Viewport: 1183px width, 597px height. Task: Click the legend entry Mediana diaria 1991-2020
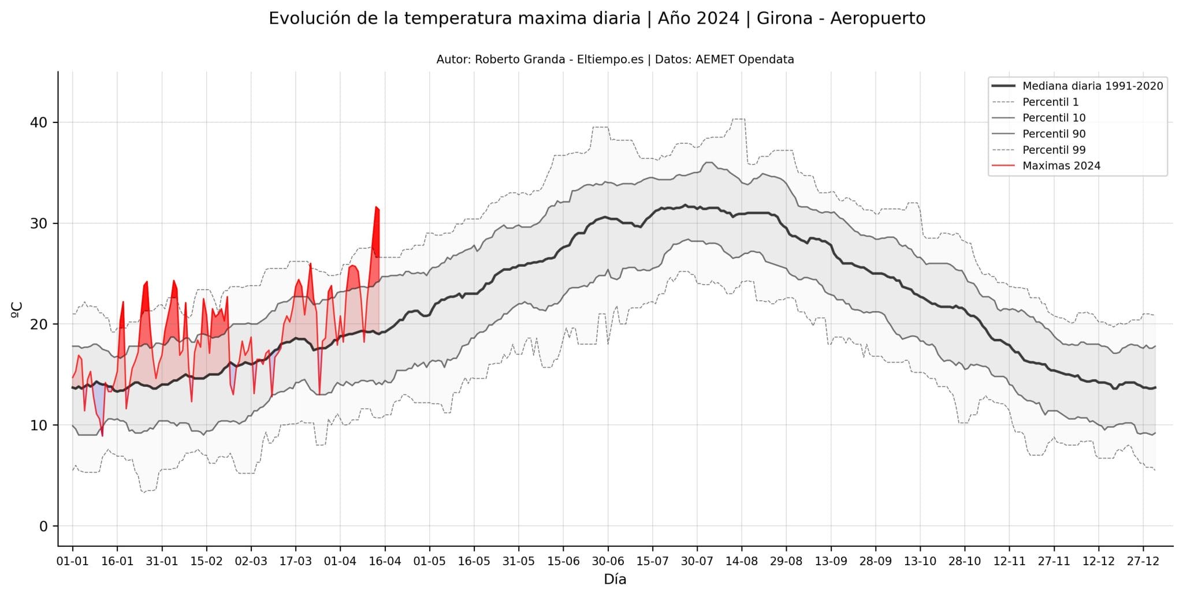click(x=1092, y=86)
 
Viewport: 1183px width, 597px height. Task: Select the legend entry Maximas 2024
click(x=1061, y=166)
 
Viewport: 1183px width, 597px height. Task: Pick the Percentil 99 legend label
click(x=1054, y=150)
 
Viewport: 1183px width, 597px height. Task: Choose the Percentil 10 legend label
click(x=1054, y=118)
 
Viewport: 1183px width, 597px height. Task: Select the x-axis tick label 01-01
click(x=72, y=561)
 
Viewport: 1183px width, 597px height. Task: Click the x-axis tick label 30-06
click(x=608, y=561)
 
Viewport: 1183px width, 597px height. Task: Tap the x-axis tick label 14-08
click(x=741, y=561)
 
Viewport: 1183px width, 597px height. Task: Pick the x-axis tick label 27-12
click(x=1143, y=561)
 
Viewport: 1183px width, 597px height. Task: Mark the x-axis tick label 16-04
click(x=385, y=561)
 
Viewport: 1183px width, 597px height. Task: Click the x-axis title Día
click(x=615, y=580)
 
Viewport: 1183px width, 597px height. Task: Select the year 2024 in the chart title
click(x=718, y=18)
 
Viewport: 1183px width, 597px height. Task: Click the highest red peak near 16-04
click(x=375, y=207)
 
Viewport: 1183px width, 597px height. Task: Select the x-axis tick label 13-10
click(x=920, y=561)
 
